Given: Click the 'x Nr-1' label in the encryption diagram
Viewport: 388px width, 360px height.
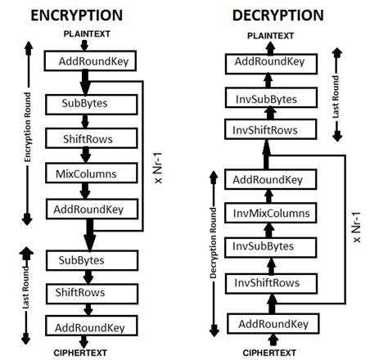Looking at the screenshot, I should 159,155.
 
